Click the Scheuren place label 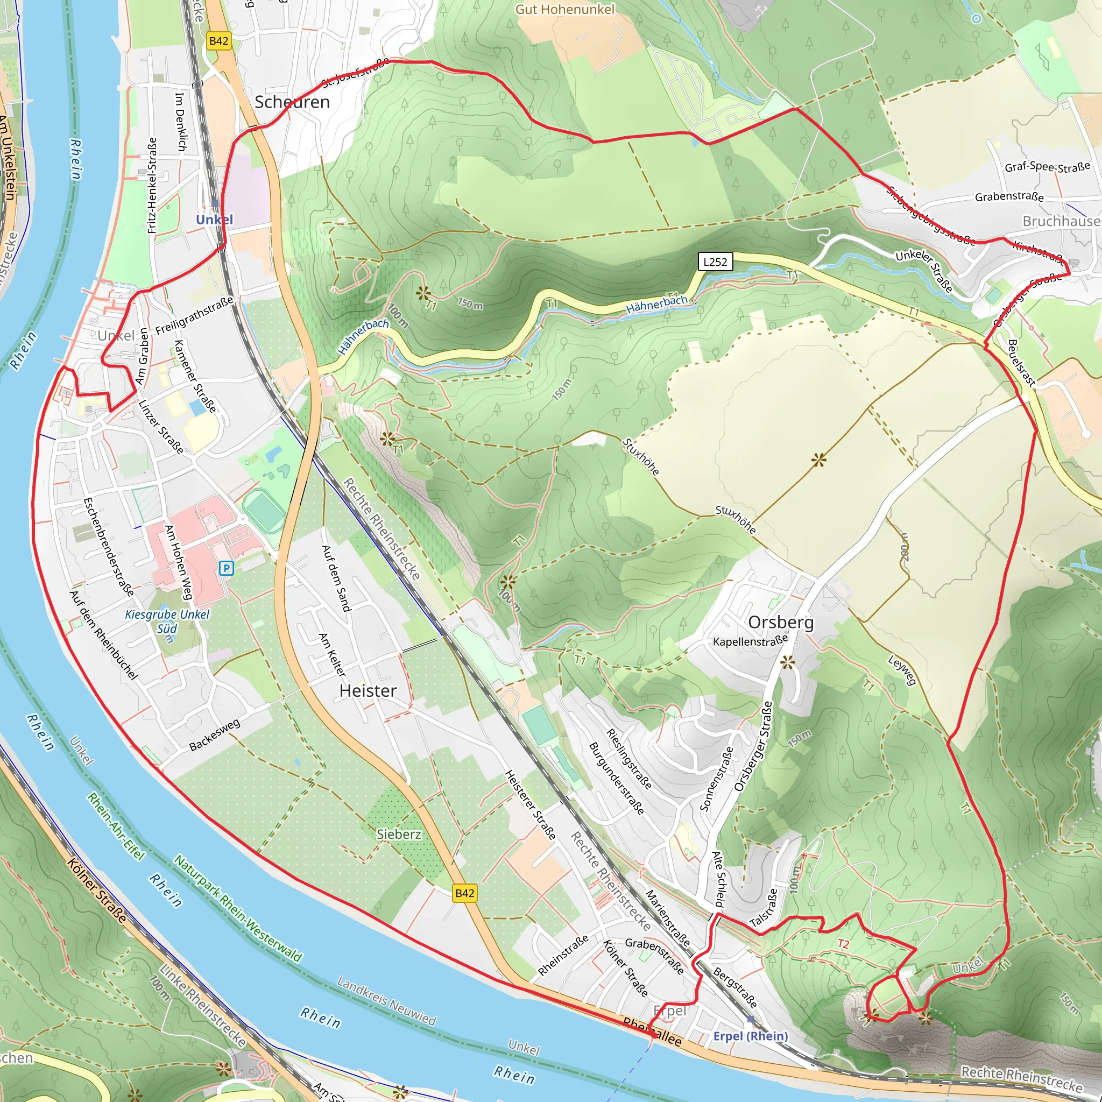[x=292, y=102]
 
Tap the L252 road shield [x=715, y=262]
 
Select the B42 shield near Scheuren [x=218, y=41]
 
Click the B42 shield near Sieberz [x=464, y=893]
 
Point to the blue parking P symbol [x=227, y=568]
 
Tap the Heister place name [x=368, y=690]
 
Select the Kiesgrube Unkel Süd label [x=167, y=621]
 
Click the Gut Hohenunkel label [x=564, y=9]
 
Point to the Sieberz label [x=399, y=834]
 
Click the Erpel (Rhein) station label [x=750, y=1036]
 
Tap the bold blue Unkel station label [x=215, y=220]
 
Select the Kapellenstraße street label [x=750, y=641]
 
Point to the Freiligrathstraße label [x=194, y=315]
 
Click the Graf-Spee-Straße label [x=1047, y=167]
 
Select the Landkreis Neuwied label [x=386, y=1000]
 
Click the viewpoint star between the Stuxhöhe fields [x=818, y=460]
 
